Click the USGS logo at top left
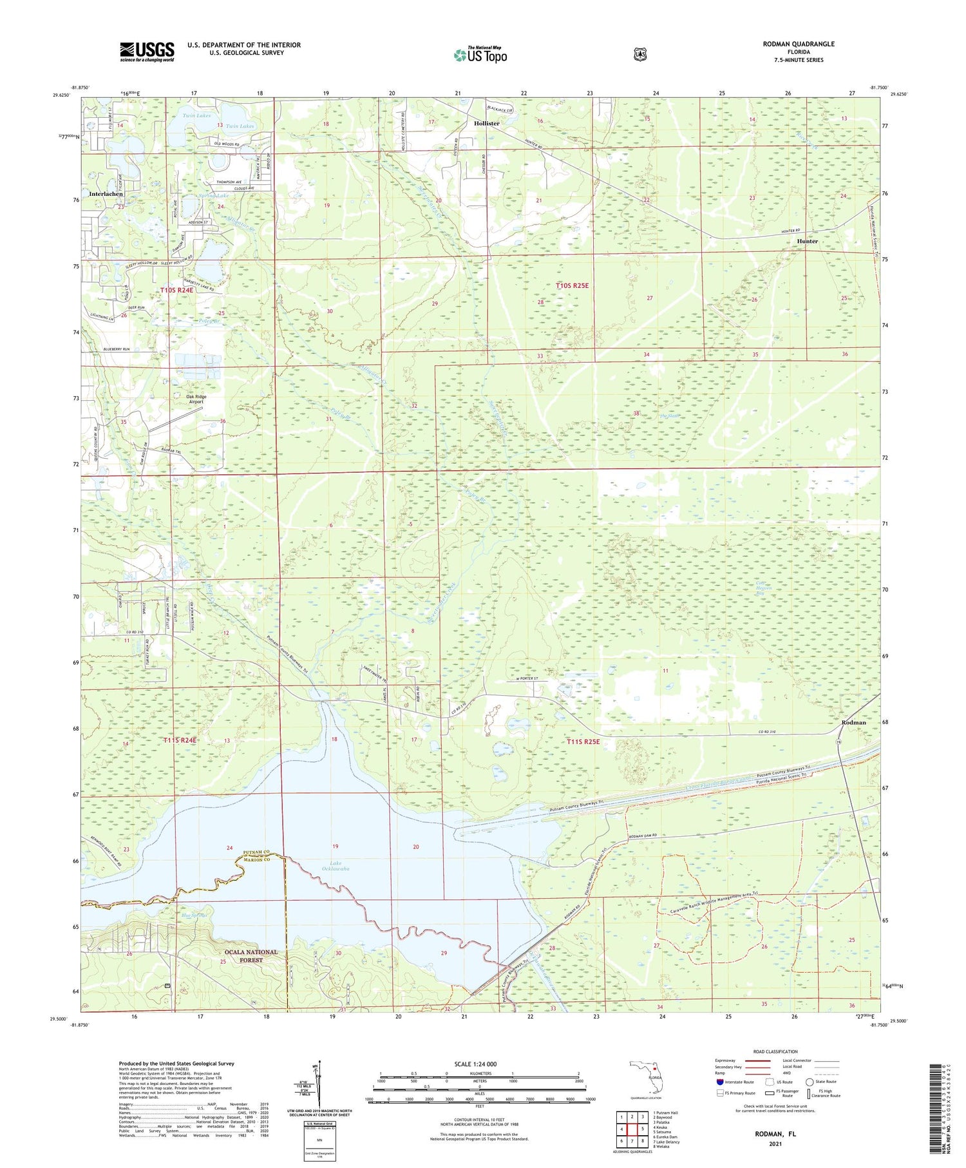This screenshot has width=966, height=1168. (x=147, y=52)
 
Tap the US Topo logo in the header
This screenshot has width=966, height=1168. (x=480, y=55)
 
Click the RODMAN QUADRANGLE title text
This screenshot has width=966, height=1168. (x=795, y=44)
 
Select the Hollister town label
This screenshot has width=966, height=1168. (x=486, y=123)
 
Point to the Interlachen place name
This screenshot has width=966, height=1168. (x=106, y=194)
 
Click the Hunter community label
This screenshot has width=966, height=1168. (x=807, y=242)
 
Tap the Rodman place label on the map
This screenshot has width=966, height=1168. (x=853, y=722)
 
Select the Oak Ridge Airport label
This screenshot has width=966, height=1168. (x=195, y=399)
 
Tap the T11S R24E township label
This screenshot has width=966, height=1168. (x=179, y=740)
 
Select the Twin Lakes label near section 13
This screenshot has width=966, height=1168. (x=240, y=126)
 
